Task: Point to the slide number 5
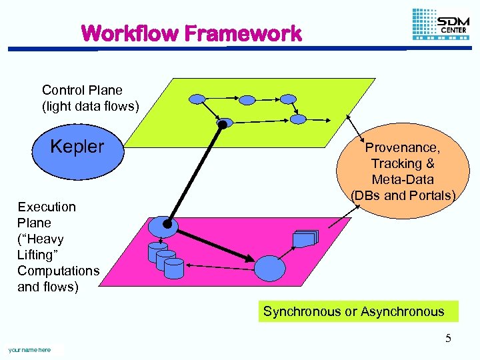pyautogui.click(x=448, y=338)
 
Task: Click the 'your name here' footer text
pyautogui.click(x=29, y=349)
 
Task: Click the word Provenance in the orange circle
pyautogui.click(x=402, y=147)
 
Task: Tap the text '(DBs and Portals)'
pyautogui.click(x=403, y=195)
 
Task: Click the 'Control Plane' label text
pyautogui.click(x=82, y=90)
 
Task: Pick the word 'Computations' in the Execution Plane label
pyautogui.click(x=58, y=271)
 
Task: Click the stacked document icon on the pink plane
pyautogui.click(x=306, y=238)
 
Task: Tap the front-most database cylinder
pyautogui.click(x=173, y=268)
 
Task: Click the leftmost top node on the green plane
pyautogui.click(x=198, y=99)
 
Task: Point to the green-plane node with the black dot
pyautogui.click(x=225, y=123)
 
